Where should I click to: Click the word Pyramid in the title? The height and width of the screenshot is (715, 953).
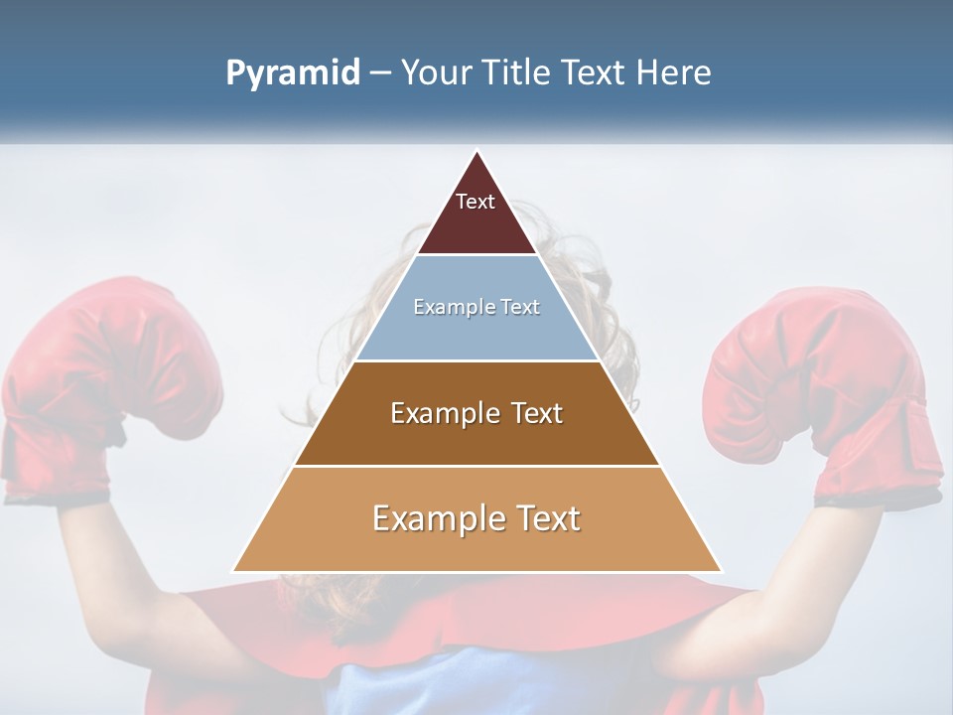pos(293,73)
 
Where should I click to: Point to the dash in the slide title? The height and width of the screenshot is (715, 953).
pos(380,73)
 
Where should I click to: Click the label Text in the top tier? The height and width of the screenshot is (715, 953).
pos(476,202)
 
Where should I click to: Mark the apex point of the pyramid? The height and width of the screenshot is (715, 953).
pos(477,151)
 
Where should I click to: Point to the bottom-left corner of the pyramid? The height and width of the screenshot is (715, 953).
pos(233,571)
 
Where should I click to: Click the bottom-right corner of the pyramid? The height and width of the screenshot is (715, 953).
pos(722,571)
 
